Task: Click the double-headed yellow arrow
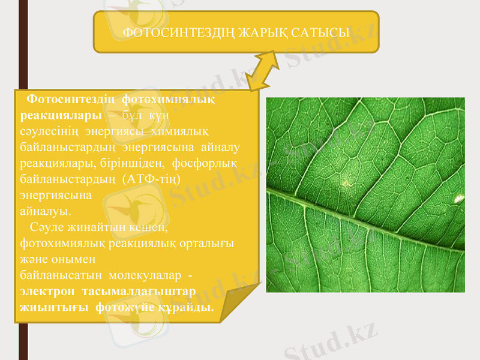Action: pyautogui.click(x=262, y=71)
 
